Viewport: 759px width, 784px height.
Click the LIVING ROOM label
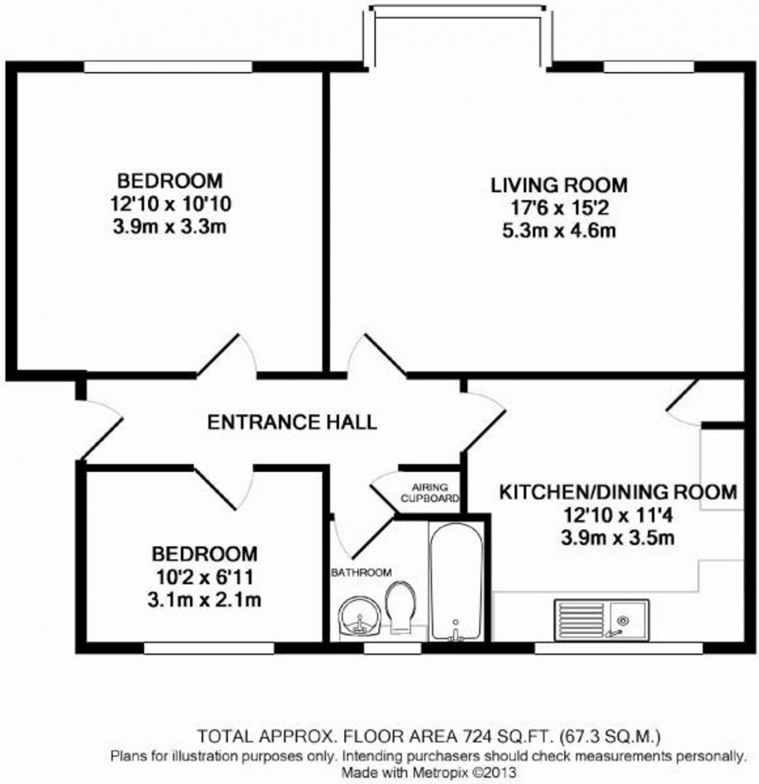click(x=558, y=186)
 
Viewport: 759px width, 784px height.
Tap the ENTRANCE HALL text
click(x=292, y=422)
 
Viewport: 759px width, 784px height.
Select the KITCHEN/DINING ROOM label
click(x=616, y=492)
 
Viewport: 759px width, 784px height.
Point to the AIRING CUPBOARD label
click(x=430, y=492)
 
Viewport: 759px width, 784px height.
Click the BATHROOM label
click(x=361, y=572)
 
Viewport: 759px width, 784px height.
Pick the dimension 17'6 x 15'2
click(x=558, y=208)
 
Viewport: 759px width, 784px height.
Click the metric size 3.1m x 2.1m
click(x=204, y=599)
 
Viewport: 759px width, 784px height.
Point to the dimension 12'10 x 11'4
click(x=616, y=515)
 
